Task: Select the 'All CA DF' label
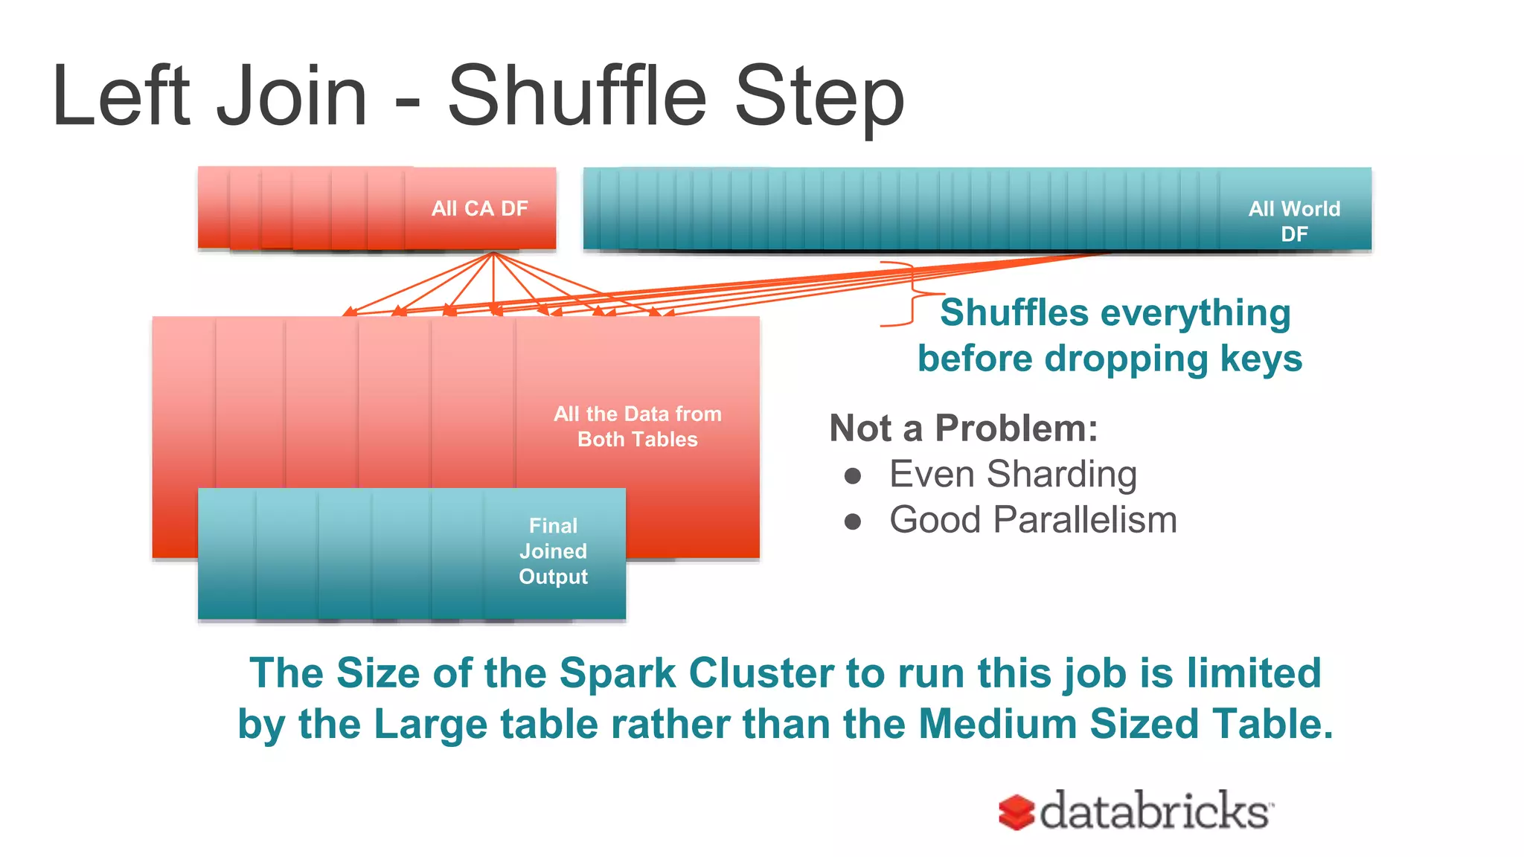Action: (479, 208)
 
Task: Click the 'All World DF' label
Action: (1294, 221)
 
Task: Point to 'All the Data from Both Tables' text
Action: (638, 426)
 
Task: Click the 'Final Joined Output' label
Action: (553, 551)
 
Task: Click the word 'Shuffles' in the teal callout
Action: (1014, 312)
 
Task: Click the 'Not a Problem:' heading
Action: (964, 428)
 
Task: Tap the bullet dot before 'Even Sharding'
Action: (853, 476)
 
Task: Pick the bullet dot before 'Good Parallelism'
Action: (853, 521)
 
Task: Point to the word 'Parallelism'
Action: (1089, 520)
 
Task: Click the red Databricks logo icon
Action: (1016, 812)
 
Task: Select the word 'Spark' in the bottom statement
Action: (618, 674)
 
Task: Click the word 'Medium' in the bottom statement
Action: (997, 725)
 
